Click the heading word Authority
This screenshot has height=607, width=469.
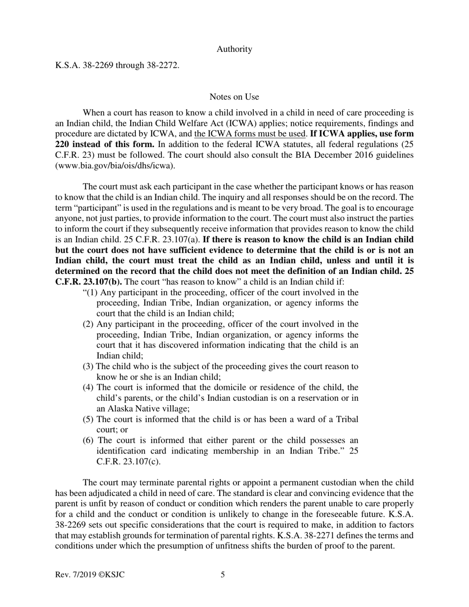tap(234, 49)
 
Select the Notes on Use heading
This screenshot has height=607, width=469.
tap(234, 97)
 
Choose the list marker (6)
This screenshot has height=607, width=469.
tap(88, 440)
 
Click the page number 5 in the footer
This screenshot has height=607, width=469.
tap(223, 574)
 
